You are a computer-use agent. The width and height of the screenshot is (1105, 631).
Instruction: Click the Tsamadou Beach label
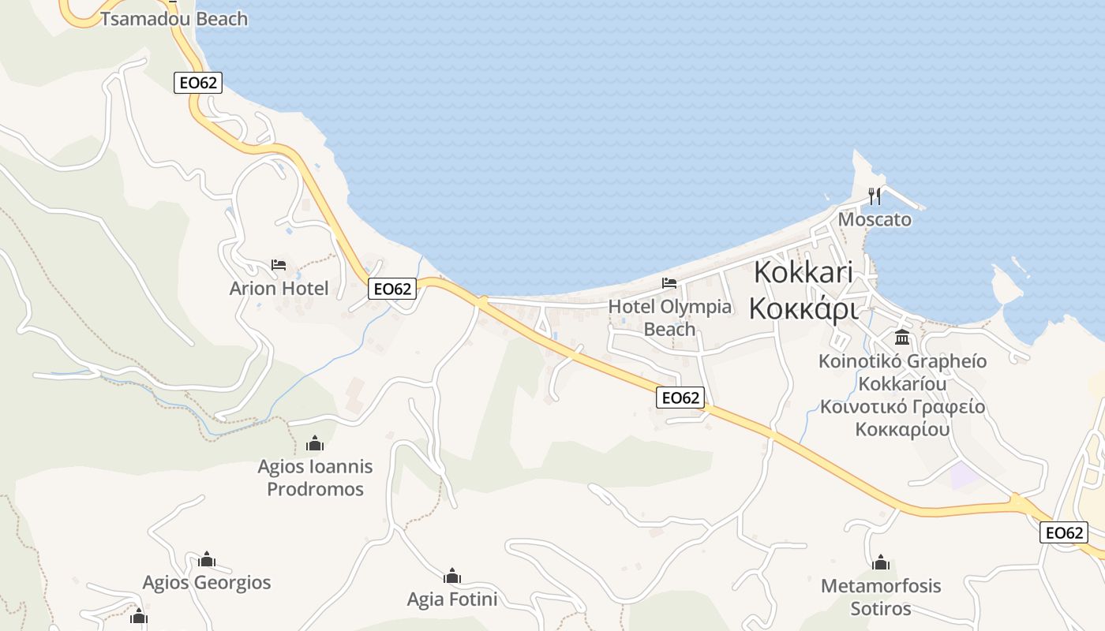[x=174, y=19]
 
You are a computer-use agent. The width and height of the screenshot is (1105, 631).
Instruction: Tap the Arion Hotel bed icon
[x=279, y=265]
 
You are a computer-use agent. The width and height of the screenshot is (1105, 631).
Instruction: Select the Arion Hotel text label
[x=279, y=289]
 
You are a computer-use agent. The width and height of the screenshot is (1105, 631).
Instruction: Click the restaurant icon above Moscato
[x=874, y=195]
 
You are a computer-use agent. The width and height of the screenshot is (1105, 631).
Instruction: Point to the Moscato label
[x=875, y=219]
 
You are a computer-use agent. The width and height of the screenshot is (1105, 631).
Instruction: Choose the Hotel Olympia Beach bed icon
[x=669, y=282]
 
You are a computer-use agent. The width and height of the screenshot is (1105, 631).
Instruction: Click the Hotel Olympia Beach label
[x=670, y=317]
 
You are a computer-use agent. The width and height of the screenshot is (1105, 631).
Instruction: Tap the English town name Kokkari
[x=803, y=272]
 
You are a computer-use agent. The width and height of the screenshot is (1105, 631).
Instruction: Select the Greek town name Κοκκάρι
[x=803, y=308]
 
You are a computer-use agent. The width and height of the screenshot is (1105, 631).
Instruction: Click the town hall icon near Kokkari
[x=902, y=338]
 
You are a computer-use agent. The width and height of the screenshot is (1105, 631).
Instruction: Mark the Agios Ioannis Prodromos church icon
[x=315, y=443]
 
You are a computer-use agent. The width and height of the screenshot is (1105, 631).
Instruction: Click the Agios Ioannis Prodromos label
[x=315, y=478]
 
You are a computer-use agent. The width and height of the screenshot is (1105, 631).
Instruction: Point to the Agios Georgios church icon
[x=207, y=559]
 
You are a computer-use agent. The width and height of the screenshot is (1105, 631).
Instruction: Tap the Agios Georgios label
[x=207, y=583]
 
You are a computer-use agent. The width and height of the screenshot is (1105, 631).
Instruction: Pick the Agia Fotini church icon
[x=452, y=577]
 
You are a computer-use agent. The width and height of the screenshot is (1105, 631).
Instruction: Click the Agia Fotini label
[x=452, y=599]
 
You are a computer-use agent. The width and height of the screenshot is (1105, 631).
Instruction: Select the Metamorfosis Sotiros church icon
[x=881, y=562]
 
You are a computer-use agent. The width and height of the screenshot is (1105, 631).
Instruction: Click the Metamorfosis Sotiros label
[x=881, y=597]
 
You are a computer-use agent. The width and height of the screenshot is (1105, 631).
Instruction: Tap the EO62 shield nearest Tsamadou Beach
[x=197, y=83]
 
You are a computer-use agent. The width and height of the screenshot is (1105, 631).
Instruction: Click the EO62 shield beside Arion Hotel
[x=392, y=289]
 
